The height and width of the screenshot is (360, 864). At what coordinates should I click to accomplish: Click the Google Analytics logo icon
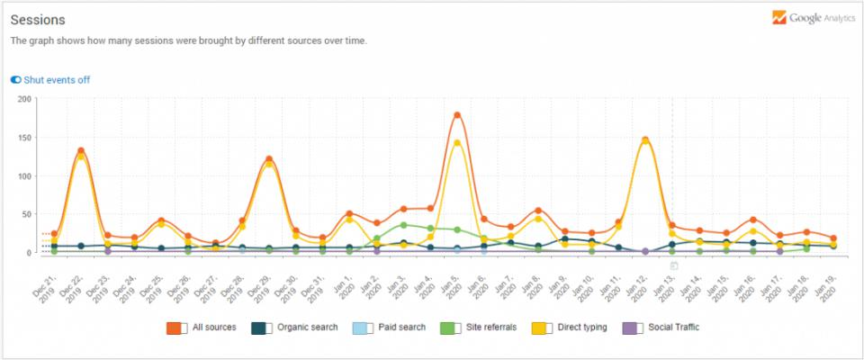(x=779, y=18)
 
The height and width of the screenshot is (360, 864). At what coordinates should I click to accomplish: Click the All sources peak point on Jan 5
(x=457, y=115)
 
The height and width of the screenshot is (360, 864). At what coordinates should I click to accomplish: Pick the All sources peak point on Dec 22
(x=81, y=151)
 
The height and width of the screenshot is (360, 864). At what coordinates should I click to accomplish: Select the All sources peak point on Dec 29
(x=269, y=159)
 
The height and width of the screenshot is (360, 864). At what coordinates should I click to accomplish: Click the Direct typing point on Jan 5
(x=457, y=142)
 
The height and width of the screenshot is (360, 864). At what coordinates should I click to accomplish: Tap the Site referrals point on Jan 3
(x=403, y=225)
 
